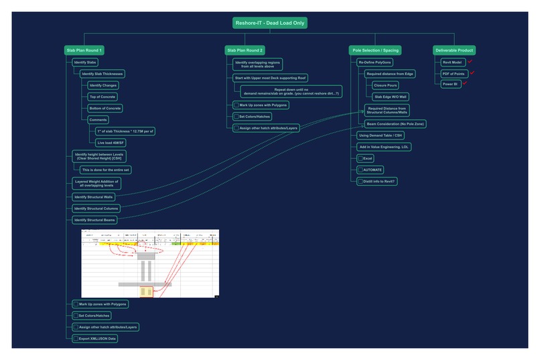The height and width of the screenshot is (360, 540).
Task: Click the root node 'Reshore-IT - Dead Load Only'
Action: pos(270,23)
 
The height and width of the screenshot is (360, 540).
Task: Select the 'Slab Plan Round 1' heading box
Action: pos(84,50)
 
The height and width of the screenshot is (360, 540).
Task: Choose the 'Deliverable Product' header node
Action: pos(454,50)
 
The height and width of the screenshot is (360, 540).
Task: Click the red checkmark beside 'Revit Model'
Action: pos(470,61)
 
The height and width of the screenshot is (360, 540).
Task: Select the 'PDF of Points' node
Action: pos(454,73)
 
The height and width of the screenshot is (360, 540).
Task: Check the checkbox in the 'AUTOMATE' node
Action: pos(361,170)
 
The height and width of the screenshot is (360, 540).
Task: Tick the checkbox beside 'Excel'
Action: pos(361,158)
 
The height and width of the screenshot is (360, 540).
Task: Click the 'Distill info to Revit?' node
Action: pos(378,181)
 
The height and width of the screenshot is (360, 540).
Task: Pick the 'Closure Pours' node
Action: pos(385,86)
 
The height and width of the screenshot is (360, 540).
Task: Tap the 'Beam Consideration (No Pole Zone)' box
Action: pos(395,124)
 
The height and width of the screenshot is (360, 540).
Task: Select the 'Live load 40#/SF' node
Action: pos(111,143)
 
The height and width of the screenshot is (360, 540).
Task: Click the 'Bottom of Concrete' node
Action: pos(105,108)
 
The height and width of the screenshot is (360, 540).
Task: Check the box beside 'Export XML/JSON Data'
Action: pos(76,339)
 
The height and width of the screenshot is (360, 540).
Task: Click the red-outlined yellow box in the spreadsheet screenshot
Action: pos(146,291)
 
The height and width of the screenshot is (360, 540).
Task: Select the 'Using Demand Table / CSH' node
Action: pos(380,135)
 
